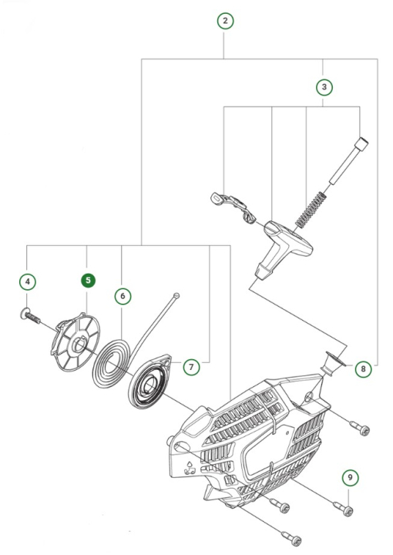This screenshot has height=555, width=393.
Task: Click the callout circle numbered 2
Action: [224, 21]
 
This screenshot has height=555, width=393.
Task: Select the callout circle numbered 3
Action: [324, 86]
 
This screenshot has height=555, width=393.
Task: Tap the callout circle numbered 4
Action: [28, 282]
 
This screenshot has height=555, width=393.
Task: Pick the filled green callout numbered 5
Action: [89, 281]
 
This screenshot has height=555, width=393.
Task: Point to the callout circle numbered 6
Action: [121, 294]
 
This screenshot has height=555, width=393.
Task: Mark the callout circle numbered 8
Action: [362, 368]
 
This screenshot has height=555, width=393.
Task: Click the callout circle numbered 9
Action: [350, 478]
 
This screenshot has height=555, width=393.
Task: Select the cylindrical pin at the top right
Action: [346, 163]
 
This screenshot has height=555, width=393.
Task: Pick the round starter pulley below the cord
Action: [149, 383]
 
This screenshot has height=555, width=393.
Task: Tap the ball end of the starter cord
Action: [176, 295]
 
